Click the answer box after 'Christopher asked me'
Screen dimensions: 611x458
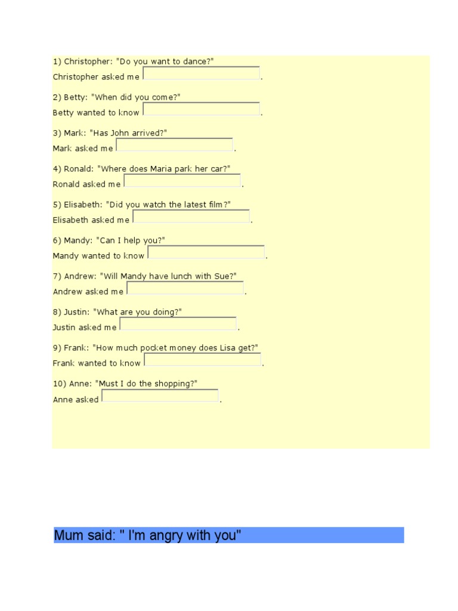pos(202,73)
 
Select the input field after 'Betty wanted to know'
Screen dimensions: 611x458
pos(202,109)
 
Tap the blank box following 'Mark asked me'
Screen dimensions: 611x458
pos(174,145)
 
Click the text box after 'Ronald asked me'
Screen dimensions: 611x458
pos(182,181)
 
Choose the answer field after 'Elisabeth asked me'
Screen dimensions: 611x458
pos(191,217)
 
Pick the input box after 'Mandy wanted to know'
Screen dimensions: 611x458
pos(206,252)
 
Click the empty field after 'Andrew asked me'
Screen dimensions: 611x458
pos(185,288)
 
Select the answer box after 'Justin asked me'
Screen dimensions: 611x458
pos(178,324)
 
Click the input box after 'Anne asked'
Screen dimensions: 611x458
pos(160,396)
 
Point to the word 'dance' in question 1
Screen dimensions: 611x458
pos(196,61)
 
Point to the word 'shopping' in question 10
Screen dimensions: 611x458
pos(173,384)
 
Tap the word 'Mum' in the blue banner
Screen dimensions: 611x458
pos(66,535)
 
